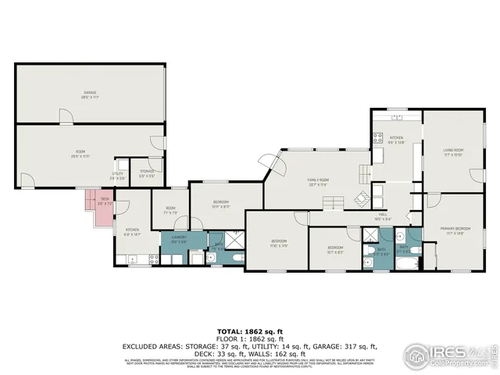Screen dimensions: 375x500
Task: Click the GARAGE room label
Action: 91,95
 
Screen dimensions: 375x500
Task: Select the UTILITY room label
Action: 118,177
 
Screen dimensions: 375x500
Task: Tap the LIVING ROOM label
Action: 454,153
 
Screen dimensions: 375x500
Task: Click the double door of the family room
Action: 273,164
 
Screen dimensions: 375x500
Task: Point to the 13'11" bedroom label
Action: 221,205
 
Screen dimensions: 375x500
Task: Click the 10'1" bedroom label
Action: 334,249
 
